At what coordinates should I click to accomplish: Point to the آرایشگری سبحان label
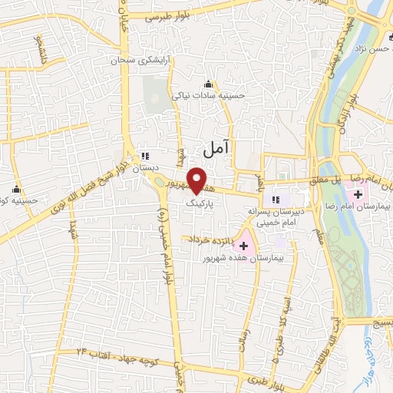pos(137,59)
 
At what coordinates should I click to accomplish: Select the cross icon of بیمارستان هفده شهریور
pos(244,246)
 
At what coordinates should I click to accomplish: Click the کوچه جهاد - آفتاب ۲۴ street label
pos(114,352)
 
